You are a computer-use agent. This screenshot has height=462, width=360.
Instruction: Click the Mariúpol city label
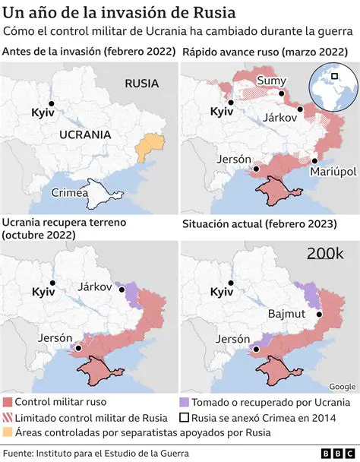tap(333, 172)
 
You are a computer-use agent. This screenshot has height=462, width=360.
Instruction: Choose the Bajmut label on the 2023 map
tap(285, 314)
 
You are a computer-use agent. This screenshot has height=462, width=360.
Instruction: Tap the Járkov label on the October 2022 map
tap(96, 287)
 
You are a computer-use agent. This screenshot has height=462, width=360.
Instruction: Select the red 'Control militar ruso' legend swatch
tap(8, 402)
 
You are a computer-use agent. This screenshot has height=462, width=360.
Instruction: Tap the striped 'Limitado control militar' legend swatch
tap(8, 417)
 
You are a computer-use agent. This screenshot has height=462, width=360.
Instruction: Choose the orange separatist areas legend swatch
tap(8, 432)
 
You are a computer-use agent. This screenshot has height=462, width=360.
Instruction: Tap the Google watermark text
tap(343, 386)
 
